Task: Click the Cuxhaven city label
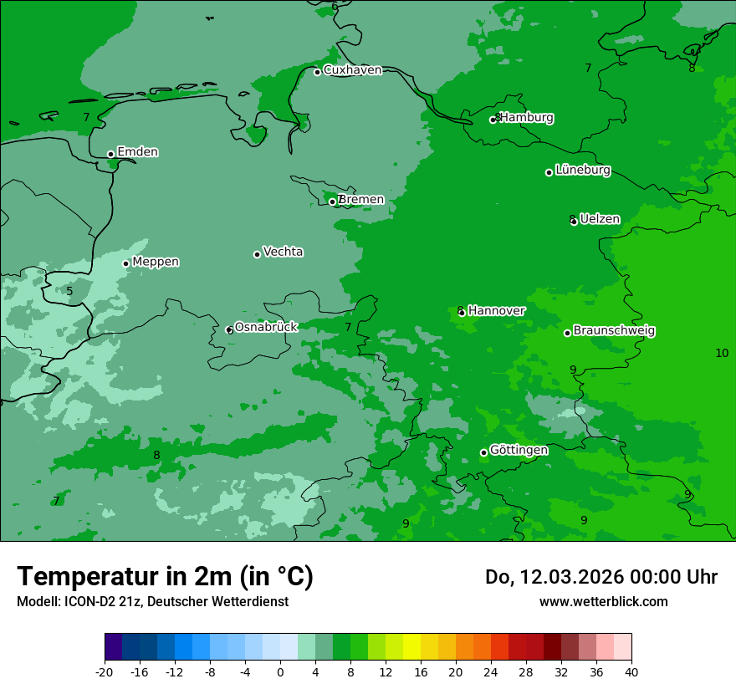tap(352, 70)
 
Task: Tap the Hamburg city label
tap(526, 118)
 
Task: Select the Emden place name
tap(137, 152)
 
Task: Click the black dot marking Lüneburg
tap(549, 172)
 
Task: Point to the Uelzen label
tap(600, 220)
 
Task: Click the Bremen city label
tap(360, 200)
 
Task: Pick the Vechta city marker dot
tap(257, 254)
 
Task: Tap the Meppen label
tap(156, 262)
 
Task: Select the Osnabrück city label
tap(266, 328)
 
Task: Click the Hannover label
tap(496, 311)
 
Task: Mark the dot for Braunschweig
tap(567, 333)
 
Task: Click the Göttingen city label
tap(519, 451)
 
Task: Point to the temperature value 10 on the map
tap(722, 353)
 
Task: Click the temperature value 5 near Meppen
tap(69, 292)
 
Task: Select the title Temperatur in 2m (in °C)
tap(166, 576)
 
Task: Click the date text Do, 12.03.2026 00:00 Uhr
tap(601, 577)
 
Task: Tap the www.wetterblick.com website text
tap(603, 601)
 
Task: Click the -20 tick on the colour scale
tap(105, 671)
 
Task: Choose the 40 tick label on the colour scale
tap(631, 671)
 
